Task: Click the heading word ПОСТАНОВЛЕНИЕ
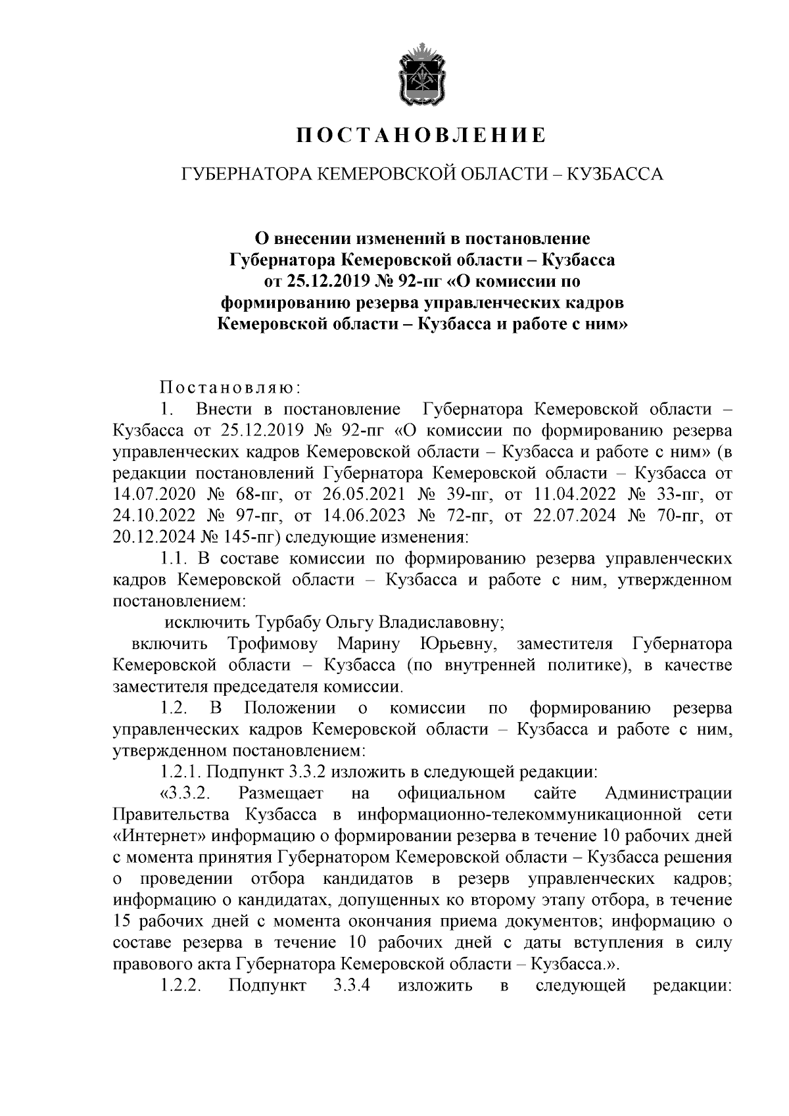point(420,136)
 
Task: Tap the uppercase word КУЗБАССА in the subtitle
point(615,174)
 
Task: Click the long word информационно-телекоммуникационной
point(519,815)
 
